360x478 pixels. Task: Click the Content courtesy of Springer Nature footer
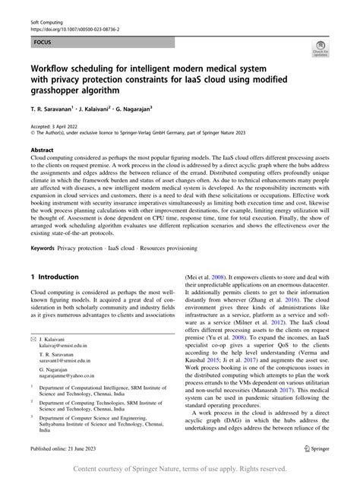(x=179, y=468)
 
